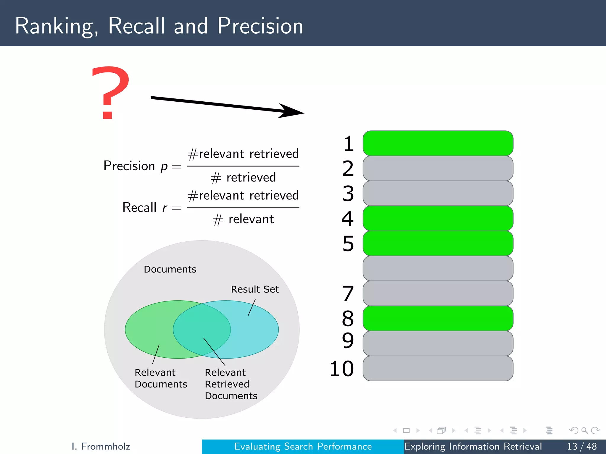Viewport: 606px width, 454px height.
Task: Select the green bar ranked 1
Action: coord(438,143)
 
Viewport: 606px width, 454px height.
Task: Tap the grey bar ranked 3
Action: coord(438,193)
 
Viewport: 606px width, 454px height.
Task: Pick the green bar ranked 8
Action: coord(438,318)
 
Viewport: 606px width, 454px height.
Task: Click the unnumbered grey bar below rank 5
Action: coord(438,268)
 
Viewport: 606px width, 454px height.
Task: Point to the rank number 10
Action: coord(342,369)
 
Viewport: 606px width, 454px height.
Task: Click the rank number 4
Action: coord(348,218)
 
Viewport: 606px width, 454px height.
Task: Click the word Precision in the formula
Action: coord(129,166)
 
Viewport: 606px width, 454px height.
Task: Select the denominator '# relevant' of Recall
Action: coord(243,219)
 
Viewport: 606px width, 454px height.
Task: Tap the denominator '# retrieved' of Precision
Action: coord(243,178)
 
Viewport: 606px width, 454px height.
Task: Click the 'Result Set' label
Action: coord(255,289)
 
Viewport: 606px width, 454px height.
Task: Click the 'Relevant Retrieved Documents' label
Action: coord(231,384)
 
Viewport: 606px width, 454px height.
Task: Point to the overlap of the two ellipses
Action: coord(202,329)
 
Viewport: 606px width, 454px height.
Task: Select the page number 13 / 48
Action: coord(582,446)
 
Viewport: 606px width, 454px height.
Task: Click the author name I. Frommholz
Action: coord(101,446)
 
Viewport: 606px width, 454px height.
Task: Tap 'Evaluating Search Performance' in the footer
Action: coord(303,446)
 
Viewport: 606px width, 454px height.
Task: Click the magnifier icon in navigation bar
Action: coord(584,430)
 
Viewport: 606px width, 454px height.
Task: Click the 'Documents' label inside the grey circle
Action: coord(170,269)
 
